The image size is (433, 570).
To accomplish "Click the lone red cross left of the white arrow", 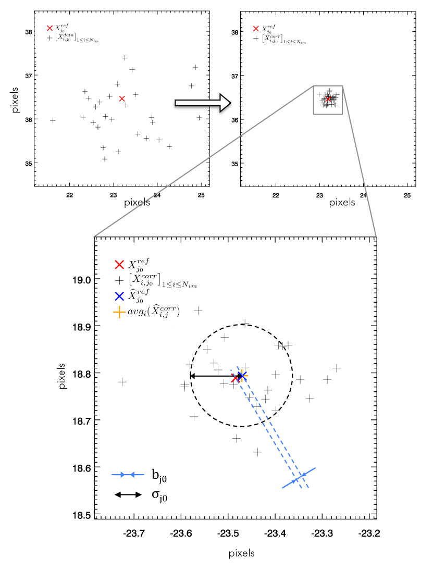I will (122, 98).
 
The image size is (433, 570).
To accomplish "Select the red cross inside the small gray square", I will (328, 99).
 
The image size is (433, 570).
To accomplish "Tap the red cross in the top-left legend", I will (50, 28).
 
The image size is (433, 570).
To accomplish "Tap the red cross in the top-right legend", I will (256, 29).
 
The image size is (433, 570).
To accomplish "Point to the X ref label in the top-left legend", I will (61, 28).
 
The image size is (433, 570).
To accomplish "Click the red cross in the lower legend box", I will (119, 265).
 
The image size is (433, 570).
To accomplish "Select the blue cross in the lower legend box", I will (119, 296).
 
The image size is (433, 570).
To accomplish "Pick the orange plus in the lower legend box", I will (119, 312).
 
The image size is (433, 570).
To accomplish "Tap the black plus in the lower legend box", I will (119, 280).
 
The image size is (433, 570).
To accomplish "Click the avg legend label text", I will (154, 312).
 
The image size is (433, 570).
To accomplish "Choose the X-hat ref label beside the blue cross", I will (139, 295).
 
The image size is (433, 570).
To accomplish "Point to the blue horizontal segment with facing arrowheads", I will (128, 475).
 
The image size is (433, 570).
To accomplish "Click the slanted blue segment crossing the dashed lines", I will (299, 478).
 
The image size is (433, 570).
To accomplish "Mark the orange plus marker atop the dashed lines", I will (242, 375).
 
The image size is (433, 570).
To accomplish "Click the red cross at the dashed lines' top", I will (234, 379).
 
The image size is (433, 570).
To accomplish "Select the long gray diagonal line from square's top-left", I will (203, 162).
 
